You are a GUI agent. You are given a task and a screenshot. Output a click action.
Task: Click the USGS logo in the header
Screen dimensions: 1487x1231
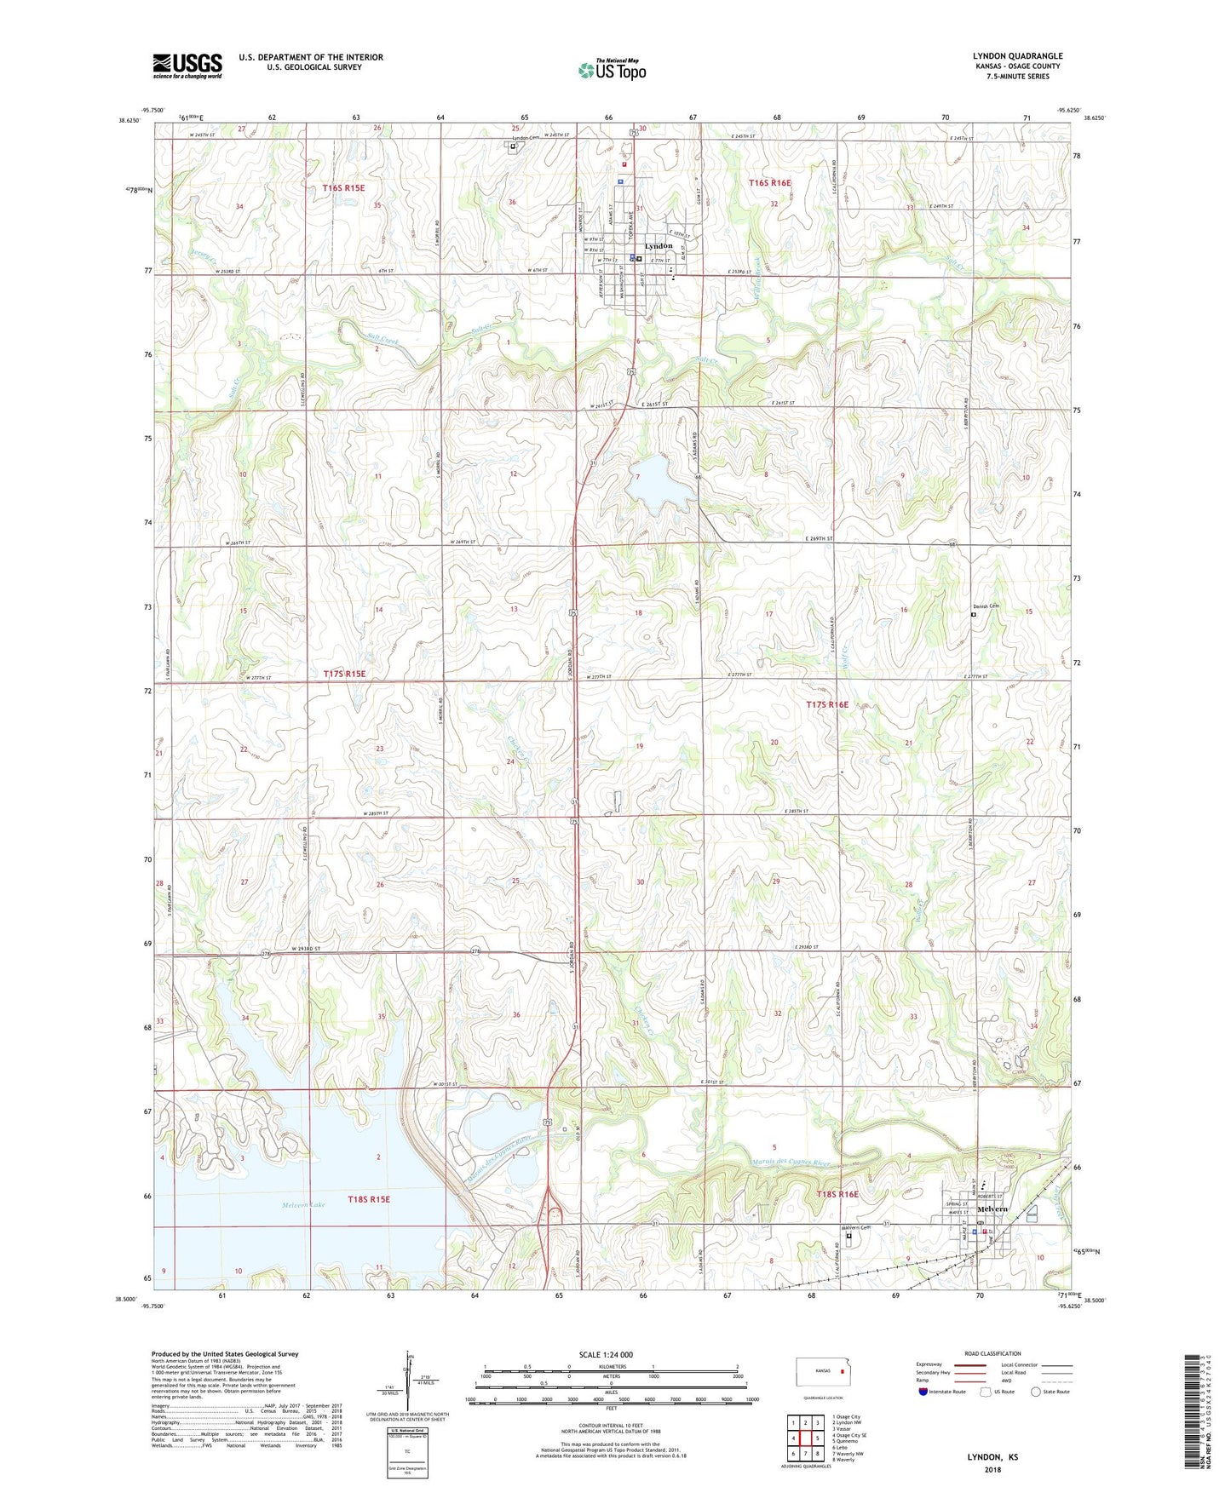(x=187, y=66)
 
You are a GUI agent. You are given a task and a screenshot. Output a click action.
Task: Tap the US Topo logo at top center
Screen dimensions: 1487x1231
(x=612, y=70)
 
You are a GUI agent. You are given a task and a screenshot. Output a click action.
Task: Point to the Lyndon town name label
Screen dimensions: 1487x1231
(x=658, y=246)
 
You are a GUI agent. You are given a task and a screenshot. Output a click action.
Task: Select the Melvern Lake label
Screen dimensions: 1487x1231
(x=305, y=1205)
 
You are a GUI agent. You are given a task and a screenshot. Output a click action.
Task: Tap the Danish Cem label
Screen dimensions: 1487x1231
(x=985, y=606)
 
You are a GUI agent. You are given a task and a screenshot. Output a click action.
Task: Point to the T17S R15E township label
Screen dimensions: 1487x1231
(x=344, y=674)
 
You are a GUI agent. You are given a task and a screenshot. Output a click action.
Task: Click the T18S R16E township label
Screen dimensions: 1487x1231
(x=837, y=1194)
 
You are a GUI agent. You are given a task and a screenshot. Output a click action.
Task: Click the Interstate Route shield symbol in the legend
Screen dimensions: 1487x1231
(x=923, y=1392)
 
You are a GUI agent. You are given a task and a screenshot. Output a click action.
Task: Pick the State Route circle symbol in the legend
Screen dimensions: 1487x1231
(x=1036, y=1392)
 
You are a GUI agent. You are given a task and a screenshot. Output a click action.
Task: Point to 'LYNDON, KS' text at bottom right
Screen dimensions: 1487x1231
(x=992, y=1457)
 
